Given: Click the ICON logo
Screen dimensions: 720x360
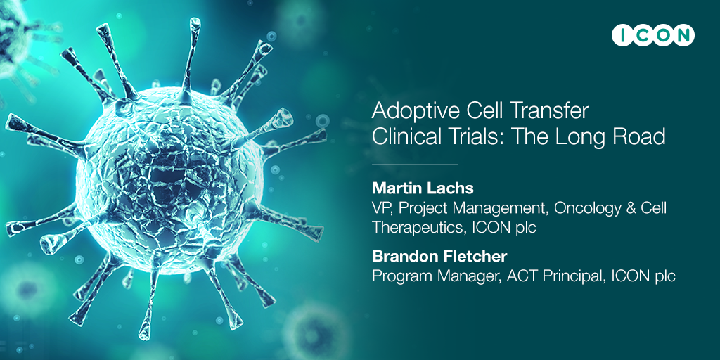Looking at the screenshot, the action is pos(653,35).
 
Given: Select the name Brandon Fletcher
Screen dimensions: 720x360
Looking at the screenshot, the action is pos(439,256).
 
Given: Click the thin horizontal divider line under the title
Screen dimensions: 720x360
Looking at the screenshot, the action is pos(415,164).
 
